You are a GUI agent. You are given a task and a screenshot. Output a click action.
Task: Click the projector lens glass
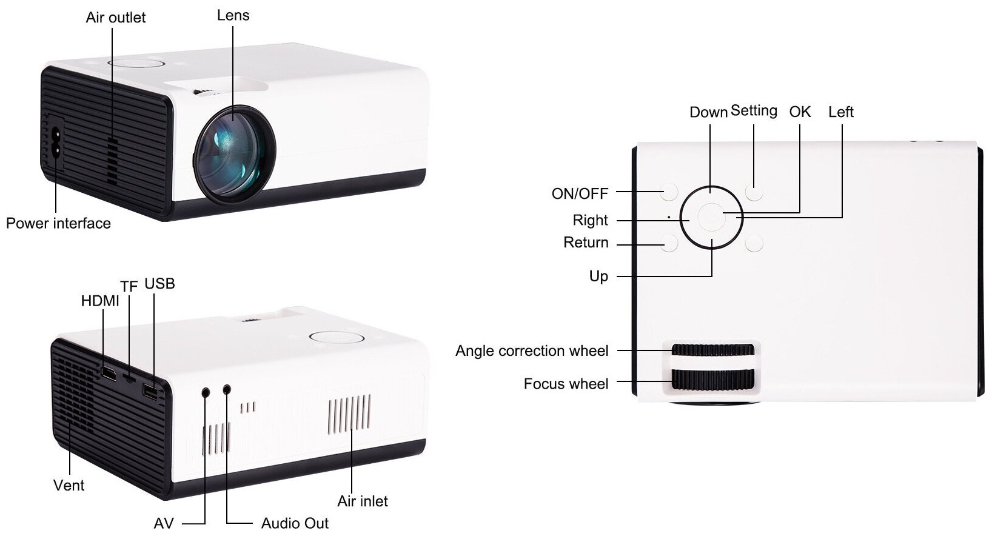(x=234, y=152)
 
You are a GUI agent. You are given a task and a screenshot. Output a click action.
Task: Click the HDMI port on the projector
(x=109, y=374)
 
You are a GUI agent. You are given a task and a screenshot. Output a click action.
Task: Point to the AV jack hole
(x=206, y=392)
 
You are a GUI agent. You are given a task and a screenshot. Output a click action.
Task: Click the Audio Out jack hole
(x=227, y=389)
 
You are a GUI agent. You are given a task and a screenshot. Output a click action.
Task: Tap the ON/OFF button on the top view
(x=669, y=193)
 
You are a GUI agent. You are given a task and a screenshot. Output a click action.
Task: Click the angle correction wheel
(x=712, y=350)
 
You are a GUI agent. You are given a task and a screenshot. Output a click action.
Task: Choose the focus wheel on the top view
(x=712, y=380)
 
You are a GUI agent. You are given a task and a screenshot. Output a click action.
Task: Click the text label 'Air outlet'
(x=116, y=18)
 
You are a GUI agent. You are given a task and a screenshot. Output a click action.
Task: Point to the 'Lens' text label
(x=233, y=16)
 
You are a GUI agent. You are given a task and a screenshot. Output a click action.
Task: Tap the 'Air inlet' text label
(x=363, y=501)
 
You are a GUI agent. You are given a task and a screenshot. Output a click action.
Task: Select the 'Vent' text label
(x=69, y=485)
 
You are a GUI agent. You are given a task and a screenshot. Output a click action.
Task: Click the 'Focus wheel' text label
(x=566, y=384)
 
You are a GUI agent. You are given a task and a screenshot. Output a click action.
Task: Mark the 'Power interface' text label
(x=58, y=223)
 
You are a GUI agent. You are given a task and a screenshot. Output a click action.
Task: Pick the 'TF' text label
(x=129, y=286)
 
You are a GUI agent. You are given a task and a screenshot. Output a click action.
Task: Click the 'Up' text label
(x=598, y=276)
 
